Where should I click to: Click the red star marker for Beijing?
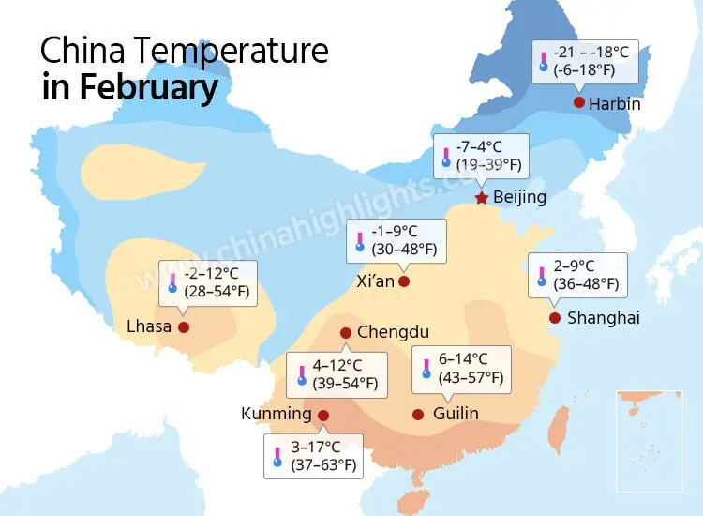point(482,197)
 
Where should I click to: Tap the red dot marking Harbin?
point(579,102)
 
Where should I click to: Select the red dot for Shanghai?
point(554,318)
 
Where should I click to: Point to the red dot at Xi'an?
point(404,281)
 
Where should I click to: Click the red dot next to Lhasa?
point(184,326)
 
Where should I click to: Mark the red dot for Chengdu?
point(346,332)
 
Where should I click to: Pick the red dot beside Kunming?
point(323,415)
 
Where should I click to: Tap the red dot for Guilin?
point(418,414)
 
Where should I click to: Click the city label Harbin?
point(615,103)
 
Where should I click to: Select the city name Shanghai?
point(604,318)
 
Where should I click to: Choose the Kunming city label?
point(276,414)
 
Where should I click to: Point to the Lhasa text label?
point(149,326)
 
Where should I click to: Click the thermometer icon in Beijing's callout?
point(446,156)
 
